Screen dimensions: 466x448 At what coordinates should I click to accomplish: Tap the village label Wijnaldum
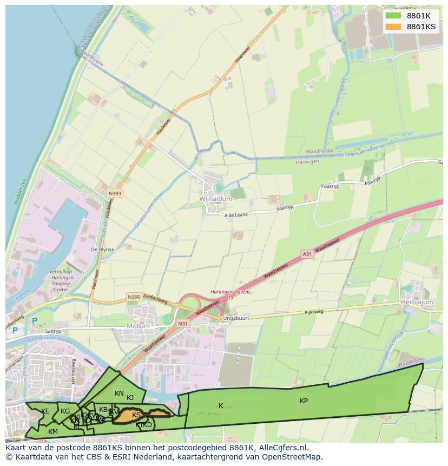216,199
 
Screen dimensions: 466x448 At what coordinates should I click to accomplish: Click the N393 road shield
115,193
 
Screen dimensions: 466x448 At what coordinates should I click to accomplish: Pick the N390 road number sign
134,297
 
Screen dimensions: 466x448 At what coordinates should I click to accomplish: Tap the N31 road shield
183,324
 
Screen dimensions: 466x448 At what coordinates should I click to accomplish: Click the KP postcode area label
304,401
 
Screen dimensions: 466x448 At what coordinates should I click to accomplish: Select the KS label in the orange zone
136,415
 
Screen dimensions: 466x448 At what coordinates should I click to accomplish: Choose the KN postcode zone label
119,393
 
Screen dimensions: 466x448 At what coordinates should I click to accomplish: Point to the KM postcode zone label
53,431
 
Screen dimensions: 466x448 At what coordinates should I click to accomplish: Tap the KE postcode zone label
45,411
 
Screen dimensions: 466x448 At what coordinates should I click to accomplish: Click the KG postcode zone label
65,411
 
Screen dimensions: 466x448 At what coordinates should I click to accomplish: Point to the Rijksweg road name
313,312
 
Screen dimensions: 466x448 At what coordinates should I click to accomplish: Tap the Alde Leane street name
236,215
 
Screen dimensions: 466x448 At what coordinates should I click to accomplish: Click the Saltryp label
54,331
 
